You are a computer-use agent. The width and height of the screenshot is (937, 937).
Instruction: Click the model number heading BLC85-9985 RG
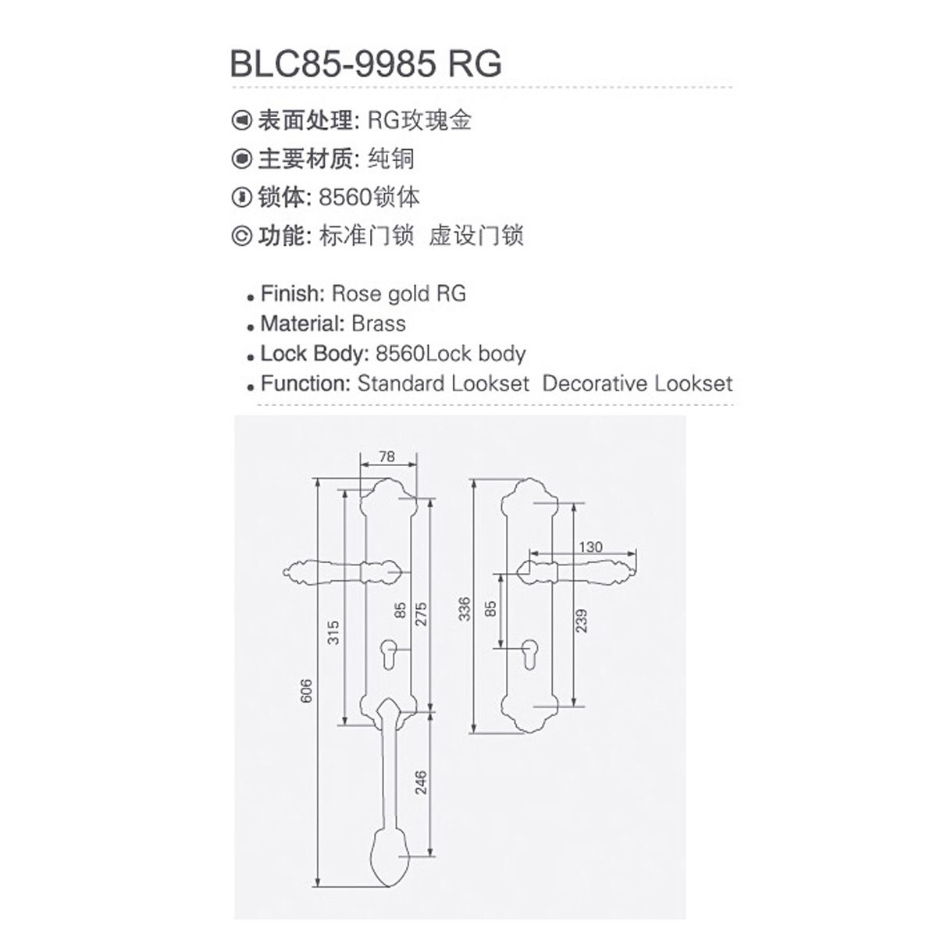pos(365,64)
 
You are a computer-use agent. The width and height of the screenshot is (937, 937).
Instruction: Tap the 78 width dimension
pos(387,457)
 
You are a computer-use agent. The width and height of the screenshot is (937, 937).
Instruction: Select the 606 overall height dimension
pos(306,691)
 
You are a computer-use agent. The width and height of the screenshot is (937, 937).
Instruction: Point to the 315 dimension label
pos(333,632)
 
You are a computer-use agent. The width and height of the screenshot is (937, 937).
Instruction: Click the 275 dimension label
pos(421,615)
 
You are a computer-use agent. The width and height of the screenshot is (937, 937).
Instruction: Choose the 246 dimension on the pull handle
pos(421,782)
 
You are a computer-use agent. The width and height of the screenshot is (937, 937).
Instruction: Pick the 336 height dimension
pos(465,609)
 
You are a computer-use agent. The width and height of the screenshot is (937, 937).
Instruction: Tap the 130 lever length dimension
pos(590,547)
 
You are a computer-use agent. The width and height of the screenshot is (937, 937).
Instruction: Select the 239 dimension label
pos(581,621)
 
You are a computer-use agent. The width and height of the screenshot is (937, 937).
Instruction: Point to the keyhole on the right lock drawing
pos(529,654)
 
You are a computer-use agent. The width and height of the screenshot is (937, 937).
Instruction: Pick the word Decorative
pos(596,383)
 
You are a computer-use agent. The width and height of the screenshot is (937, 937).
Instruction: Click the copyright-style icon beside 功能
pos(241,237)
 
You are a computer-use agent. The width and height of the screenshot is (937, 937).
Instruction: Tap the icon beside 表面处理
pos(241,120)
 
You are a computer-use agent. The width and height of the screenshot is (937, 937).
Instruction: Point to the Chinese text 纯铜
pos(390,159)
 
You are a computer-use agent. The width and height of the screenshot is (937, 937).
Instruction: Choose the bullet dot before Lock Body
pos(251,358)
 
